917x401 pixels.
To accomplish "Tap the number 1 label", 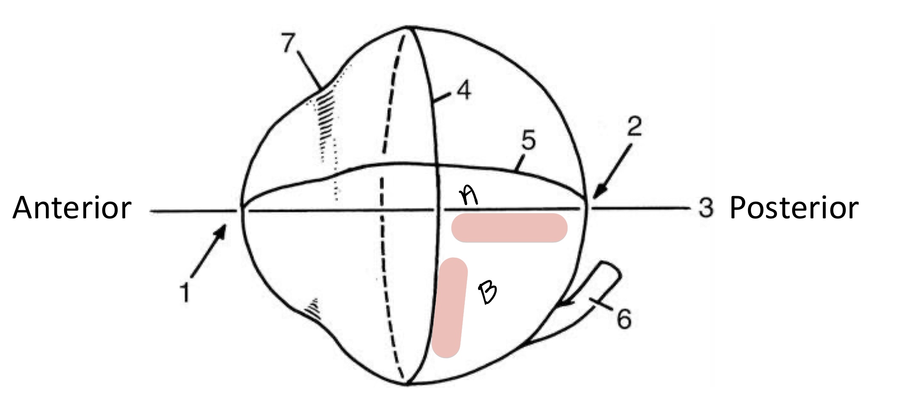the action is [185, 292].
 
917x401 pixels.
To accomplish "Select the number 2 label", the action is [634, 127].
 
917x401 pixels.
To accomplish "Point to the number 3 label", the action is [706, 209].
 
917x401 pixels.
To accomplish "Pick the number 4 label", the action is [464, 91].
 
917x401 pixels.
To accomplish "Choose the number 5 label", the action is [529, 141].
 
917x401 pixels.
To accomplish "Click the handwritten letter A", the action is [469, 196].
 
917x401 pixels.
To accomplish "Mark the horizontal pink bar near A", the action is [509, 228].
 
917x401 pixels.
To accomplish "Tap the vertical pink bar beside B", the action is [450, 308].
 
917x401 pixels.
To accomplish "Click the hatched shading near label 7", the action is [326, 110].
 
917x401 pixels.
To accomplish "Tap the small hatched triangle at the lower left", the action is [313, 306].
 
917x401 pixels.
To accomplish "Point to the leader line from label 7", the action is [309, 70].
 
